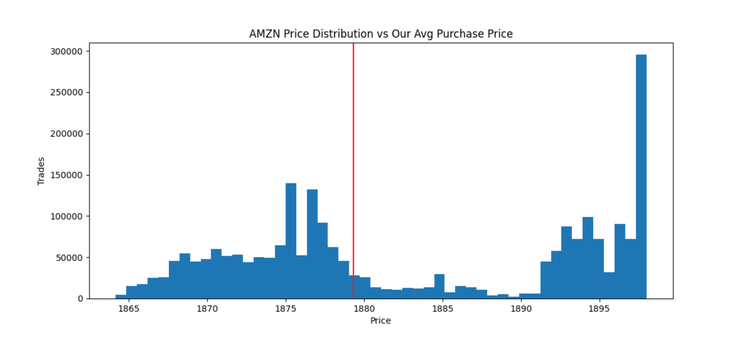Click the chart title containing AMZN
point(381,34)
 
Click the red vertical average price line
point(353,173)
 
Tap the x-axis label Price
point(380,321)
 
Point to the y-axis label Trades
point(41,171)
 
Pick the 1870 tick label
point(207,309)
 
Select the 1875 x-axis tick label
point(285,309)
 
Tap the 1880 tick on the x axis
point(364,309)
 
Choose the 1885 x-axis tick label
point(442,309)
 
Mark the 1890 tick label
point(521,309)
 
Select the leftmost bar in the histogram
point(121,296)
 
